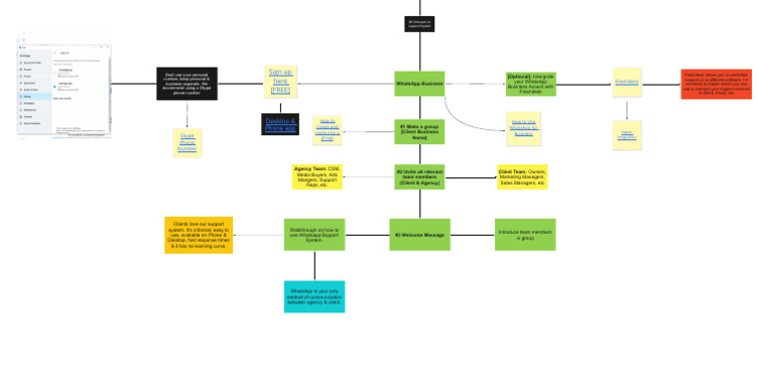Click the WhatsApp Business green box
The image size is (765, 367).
419,84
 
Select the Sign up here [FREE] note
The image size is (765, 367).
281,82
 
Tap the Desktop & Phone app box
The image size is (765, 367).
280,124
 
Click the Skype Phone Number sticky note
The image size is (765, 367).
187,142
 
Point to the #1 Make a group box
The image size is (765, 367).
419,131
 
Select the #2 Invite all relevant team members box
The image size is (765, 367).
419,178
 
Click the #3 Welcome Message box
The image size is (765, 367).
419,235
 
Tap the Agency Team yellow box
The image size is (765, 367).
317,177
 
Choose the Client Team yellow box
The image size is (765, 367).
522,177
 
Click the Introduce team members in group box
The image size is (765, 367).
525,235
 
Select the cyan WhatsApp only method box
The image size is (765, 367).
314,295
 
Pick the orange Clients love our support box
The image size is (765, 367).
198,235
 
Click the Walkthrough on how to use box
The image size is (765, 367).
314,235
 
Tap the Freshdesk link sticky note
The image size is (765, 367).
627,83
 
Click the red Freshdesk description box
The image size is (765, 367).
716,84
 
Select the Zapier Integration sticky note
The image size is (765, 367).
627,134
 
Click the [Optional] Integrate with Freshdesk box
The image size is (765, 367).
531,84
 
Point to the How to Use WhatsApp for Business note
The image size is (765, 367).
523,127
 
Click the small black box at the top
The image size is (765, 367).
419,24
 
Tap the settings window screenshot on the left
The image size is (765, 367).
65,90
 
